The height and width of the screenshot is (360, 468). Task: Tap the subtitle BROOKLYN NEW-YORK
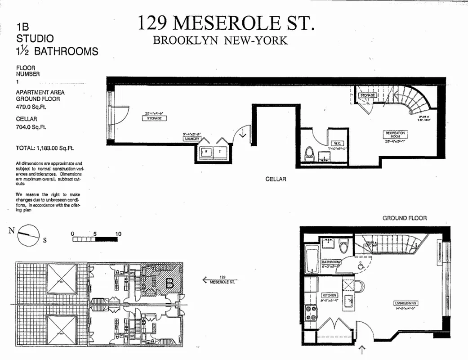tap(220, 40)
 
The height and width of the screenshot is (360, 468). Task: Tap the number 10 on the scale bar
tap(118, 234)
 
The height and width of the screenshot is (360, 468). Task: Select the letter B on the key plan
tap(170, 283)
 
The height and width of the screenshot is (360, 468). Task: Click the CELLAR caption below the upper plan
tap(276, 179)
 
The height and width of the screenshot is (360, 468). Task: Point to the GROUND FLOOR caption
tap(405, 218)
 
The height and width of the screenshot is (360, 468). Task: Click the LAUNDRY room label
tap(191, 139)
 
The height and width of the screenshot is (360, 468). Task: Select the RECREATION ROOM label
tap(395, 135)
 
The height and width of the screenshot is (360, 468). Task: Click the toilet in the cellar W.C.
tap(309, 155)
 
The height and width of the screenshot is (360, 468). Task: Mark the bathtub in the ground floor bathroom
tap(311, 259)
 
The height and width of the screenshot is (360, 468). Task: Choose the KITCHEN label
tap(329, 296)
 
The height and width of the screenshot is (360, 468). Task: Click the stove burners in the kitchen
tap(311, 313)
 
